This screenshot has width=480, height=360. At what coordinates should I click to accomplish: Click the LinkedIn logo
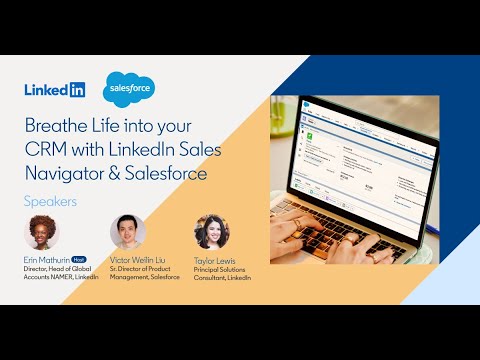tap(55, 89)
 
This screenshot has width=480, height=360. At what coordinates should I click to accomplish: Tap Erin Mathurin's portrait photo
tap(41, 232)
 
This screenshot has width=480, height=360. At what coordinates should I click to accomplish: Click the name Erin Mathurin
tap(46, 258)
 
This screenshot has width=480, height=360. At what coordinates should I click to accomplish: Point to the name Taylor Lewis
tap(215, 258)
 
